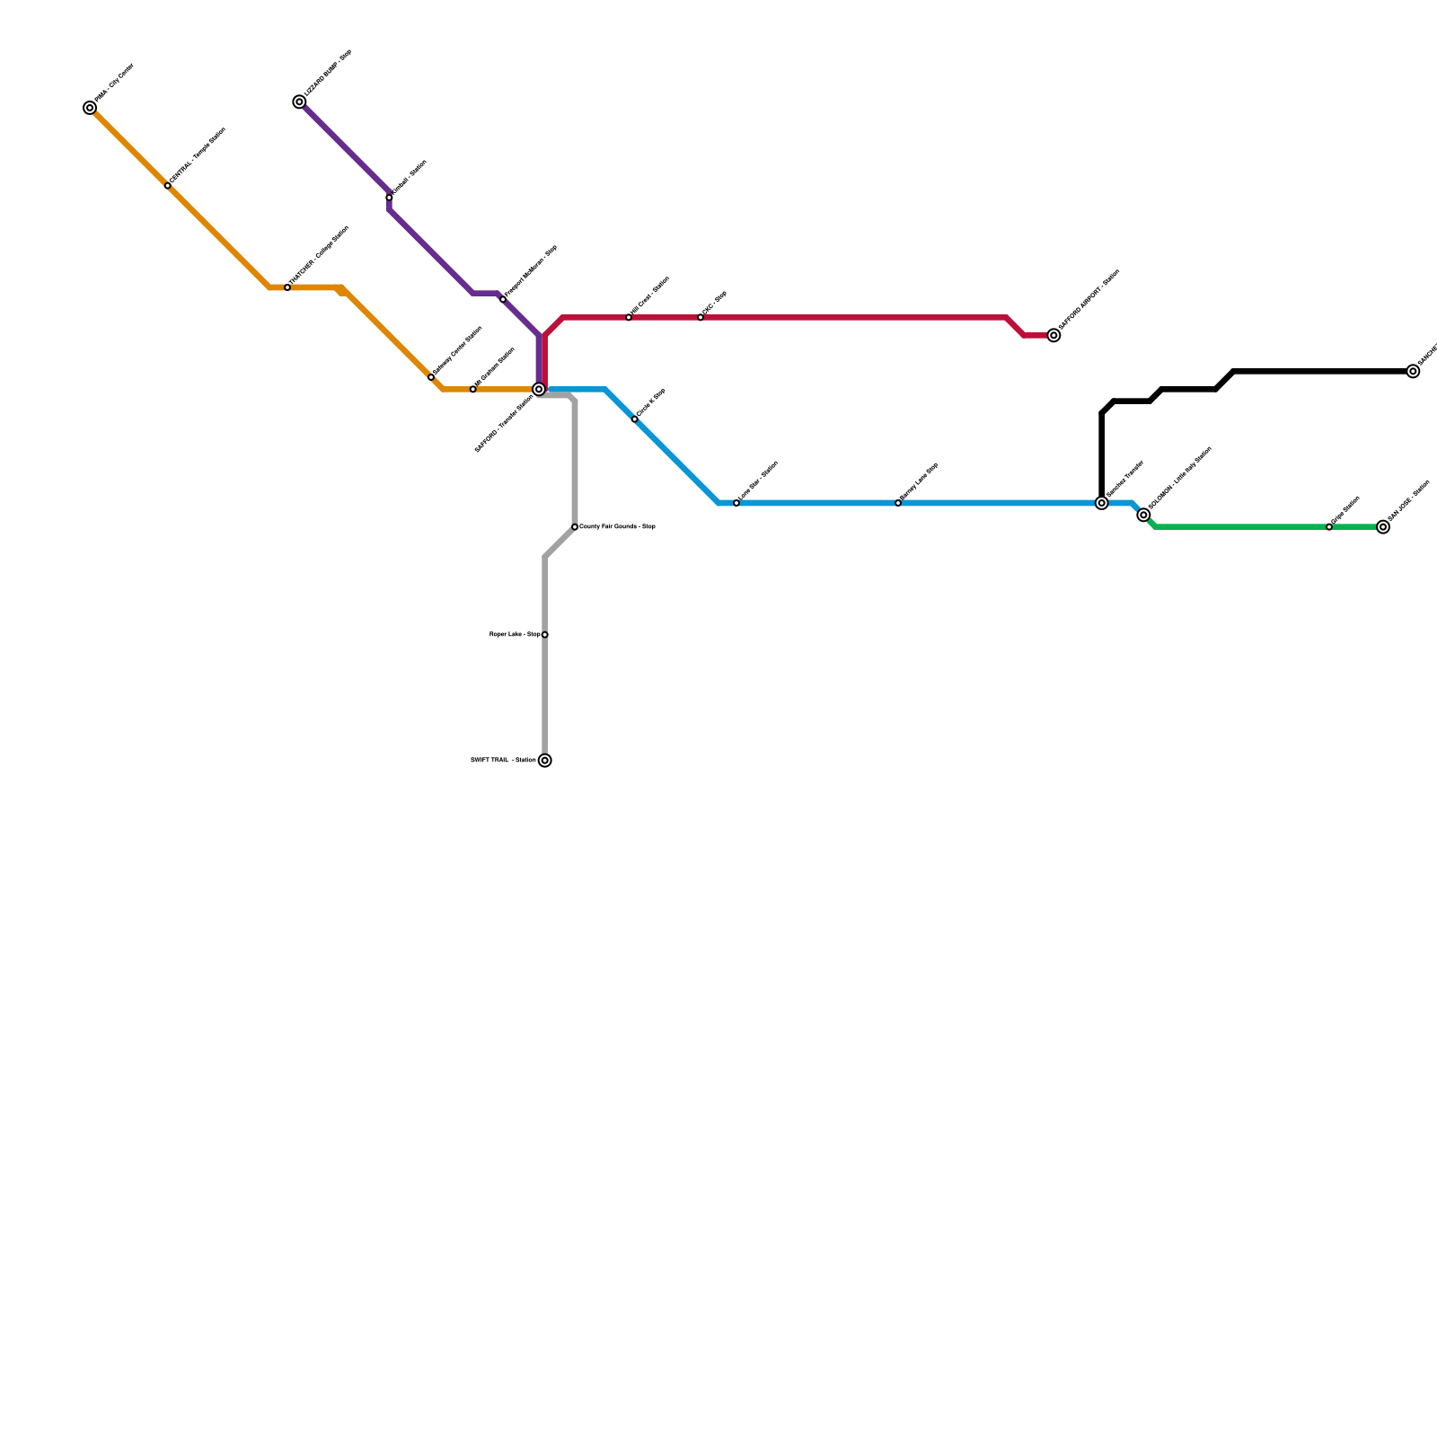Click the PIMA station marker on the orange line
coord(90,109)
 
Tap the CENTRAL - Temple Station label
coord(198,157)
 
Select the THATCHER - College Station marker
coord(287,287)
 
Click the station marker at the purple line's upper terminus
coord(299,102)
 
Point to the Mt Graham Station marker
coord(473,389)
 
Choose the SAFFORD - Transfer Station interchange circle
coord(539,389)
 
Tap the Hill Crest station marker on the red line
coord(629,318)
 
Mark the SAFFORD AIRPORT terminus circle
coord(1054,336)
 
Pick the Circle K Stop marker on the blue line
coord(635,419)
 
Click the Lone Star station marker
coord(736,503)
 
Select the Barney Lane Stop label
coord(919,481)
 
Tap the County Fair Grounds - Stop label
coord(617,527)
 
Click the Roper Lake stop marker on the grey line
coord(545,635)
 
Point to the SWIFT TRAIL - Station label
coord(503,761)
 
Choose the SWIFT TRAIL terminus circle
coord(545,761)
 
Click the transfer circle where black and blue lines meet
coord(1102,503)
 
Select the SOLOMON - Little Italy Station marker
coord(1143,515)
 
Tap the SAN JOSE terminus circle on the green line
coord(1383,527)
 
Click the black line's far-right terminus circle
coord(1414,372)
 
